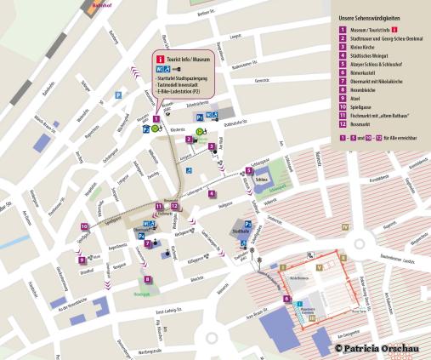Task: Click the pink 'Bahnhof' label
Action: (103, 4)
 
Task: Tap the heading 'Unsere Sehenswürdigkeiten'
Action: (369, 17)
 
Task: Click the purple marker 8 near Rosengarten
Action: (147, 278)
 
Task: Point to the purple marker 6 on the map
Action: (287, 300)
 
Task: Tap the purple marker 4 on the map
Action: (212, 192)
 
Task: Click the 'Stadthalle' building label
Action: (241, 230)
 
